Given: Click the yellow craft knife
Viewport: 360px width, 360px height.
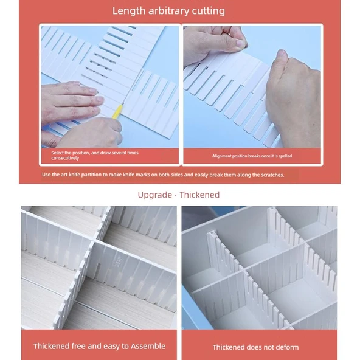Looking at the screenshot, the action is click(x=118, y=111).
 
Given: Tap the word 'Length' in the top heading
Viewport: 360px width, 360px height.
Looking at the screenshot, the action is click(x=129, y=11).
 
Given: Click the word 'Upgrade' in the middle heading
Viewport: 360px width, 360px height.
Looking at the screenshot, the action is click(x=154, y=195).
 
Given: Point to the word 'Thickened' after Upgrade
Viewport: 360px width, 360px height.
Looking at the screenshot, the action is click(x=199, y=195).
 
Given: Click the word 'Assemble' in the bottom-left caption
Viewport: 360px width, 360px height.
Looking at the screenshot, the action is click(x=148, y=346).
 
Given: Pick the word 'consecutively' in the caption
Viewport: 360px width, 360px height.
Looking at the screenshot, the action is click(x=65, y=158).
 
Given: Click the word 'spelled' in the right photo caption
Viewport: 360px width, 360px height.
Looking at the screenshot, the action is click(x=285, y=156).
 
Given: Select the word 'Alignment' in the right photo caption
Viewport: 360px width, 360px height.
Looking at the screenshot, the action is click(x=221, y=156).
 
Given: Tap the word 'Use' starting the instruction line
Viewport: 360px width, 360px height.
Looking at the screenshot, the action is click(x=46, y=175).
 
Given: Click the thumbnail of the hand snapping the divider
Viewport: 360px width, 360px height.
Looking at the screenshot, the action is click(x=252, y=87).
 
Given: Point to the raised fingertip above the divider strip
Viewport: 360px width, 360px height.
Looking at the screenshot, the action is click(x=282, y=54).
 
